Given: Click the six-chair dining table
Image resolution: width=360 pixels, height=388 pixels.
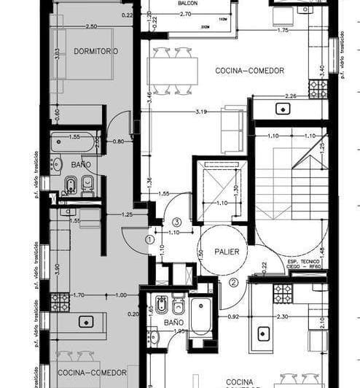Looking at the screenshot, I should pyautogui.click(x=175, y=71).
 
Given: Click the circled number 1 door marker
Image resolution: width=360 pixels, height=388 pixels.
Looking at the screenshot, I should pyautogui.click(x=150, y=238).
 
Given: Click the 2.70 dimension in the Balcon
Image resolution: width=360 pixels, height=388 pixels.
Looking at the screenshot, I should pyautogui.click(x=185, y=14).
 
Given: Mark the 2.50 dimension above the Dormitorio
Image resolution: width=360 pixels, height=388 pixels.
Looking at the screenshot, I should pyautogui.click(x=91, y=26).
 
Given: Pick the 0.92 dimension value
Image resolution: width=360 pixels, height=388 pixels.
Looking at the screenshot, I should pyautogui.click(x=233, y=316).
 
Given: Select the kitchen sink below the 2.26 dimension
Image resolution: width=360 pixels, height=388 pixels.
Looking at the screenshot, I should pyautogui.click(x=281, y=109).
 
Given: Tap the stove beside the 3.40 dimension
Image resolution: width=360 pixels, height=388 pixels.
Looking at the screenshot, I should pyautogui.click(x=317, y=89).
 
